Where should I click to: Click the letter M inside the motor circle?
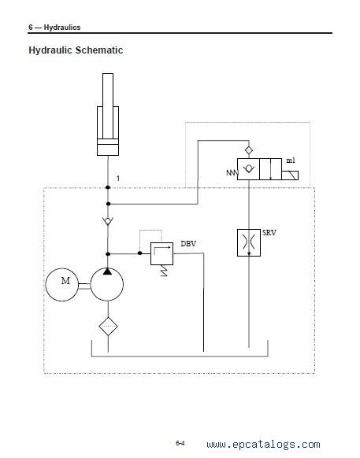click(65, 281)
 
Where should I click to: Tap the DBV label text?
click(188, 244)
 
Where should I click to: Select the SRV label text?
click(269, 233)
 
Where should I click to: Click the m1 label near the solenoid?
click(291, 161)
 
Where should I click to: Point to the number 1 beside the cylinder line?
click(118, 178)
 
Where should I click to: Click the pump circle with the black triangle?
click(107, 284)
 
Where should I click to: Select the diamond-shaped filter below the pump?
click(108, 327)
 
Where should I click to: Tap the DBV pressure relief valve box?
click(161, 253)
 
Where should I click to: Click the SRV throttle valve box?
click(249, 242)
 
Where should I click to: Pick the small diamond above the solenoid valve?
click(249, 150)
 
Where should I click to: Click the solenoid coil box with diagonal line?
click(290, 175)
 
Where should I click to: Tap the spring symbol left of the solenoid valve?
click(232, 172)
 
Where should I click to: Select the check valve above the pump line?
click(108, 221)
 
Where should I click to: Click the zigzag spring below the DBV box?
click(164, 271)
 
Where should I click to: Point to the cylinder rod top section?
click(108, 90)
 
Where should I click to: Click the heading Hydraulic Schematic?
click(76, 50)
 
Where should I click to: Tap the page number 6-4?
click(180, 443)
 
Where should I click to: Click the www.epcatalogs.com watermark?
click(263, 445)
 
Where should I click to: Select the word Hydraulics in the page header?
click(62, 28)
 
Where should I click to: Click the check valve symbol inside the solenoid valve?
click(248, 169)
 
